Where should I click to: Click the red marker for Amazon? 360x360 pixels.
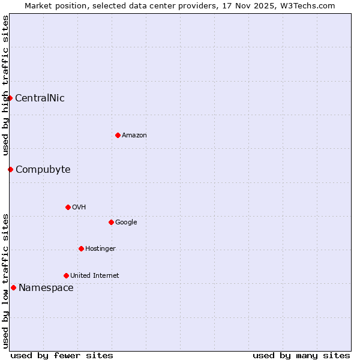pos(118,135)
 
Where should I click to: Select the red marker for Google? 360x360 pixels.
pos(111,222)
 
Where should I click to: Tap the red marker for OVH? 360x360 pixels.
pos(68,207)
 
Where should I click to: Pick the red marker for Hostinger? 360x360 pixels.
pos(81,248)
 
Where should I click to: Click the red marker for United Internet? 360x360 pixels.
pos(66,275)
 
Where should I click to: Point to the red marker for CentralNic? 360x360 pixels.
pos(10,98)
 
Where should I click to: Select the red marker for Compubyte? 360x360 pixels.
pos(10,169)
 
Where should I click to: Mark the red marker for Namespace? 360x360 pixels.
pos(13,287)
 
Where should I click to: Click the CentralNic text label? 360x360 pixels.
pos(40,98)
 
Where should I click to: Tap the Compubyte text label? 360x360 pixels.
pos(43,170)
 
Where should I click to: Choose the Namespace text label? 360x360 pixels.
pos(46,288)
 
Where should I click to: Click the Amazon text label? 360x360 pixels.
pos(134,136)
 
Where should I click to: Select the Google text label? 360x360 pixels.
pos(126,223)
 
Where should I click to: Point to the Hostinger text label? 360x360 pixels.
pos(100,249)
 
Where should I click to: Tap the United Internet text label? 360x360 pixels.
pos(95,276)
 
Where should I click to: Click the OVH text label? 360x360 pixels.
pos(79,208)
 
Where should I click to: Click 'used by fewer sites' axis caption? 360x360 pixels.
pos(62,355)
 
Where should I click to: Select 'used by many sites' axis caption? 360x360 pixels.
pos(301,355)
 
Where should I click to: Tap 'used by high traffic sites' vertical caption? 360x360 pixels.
pos(5,86)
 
